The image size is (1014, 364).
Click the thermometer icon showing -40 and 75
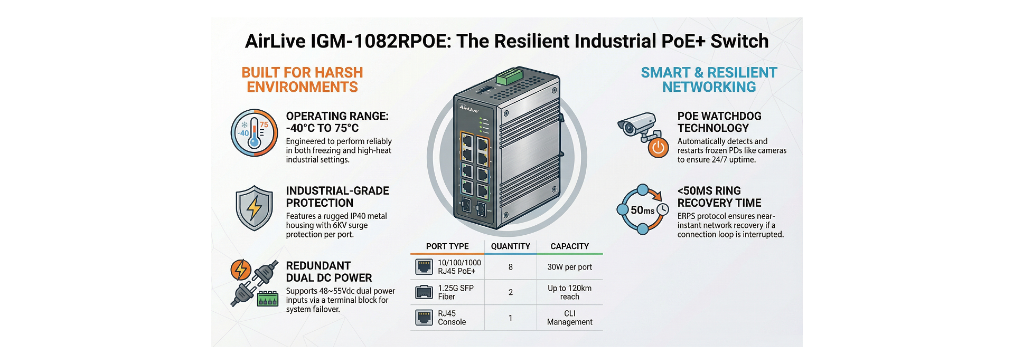pos(254,133)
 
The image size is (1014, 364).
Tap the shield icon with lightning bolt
pos(254,208)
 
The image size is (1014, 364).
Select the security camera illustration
pos(638,126)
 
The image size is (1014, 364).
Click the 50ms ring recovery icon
pos(643,209)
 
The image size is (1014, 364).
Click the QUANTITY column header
pos(510,246)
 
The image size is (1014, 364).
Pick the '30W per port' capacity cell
pos(569,267)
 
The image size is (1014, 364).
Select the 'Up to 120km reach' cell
pos(569,292)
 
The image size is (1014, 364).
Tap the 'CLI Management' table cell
pos(569,318)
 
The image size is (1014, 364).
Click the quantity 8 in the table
pos(510,267)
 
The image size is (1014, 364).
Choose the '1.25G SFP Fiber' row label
pos(456,292)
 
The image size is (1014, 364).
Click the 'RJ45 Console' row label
pos(452,318)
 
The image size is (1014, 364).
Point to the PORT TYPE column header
pos(447,246)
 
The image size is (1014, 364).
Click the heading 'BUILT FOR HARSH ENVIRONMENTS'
pos(302,80)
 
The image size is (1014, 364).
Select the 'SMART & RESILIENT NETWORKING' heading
pos(709,80)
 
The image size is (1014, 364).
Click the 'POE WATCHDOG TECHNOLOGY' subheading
pos(719,122)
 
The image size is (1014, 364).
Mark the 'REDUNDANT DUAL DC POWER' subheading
pos(328,272)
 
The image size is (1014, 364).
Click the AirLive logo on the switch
pos(468,109)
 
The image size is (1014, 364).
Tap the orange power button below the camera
pos(658,148)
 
